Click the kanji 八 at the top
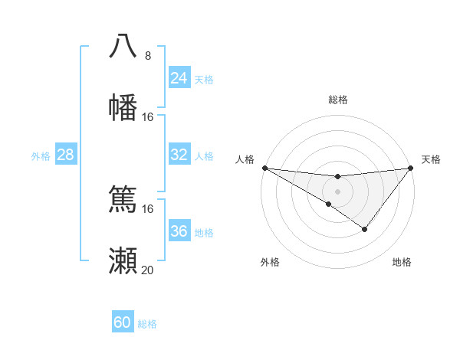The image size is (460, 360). pyautogui.click(x=123, y=46)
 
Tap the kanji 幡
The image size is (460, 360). pyautogui.click(x=123, y=107)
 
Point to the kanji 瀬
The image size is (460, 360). pyautogui.click(x=123, y=261)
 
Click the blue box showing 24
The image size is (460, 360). pyautogui.click(x=179, y=78)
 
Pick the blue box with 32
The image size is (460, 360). pyautogui.click(x=179, y=155)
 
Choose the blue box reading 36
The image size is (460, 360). pyautogui.click(x=179, y=231)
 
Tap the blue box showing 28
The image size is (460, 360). pyautogui.click(x=65, y=155)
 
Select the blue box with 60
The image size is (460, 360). pyautogui.click(x=122, y=322)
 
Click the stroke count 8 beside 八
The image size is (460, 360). pyautogui.click(x=147, y=56)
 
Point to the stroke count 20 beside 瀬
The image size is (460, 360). pyautogui.click(x=147, y=270)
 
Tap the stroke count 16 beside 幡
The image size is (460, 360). pyautogui.click(x=147, y=117)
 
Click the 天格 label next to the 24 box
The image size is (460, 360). pyautogui.click(x=204, y=79)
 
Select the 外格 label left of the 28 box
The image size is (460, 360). pyautogui.click(x=41, y=155)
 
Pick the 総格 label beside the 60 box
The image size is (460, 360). pyautogui.click(x=147, y=324)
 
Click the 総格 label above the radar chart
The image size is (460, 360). pyautogui.click(x=337, y=100)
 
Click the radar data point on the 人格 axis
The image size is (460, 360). pyautogui.click(x=264, y=168)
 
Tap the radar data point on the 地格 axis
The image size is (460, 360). pyautogui.click(x=365, y=229)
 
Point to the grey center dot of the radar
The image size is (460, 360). pyautogui.click(x=337, y=191)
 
